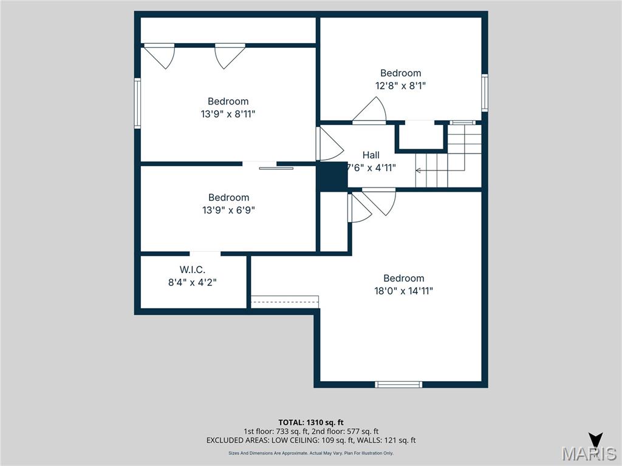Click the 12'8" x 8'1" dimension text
pos(400,86)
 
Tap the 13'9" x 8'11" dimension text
pos(228,114)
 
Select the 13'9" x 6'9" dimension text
pos(228,210)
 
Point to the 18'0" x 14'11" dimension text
pos(404,291)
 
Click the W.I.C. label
pos(193,269)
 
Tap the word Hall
pos(371,155)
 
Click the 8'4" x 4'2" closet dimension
pos(193,282)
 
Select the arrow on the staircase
pos(419,171)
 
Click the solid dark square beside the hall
pos(332,177)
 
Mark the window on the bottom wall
pos(398,384)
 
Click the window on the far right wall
pos(485,92)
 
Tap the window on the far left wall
pos(137,103)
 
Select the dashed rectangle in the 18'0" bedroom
pos(285,302)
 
